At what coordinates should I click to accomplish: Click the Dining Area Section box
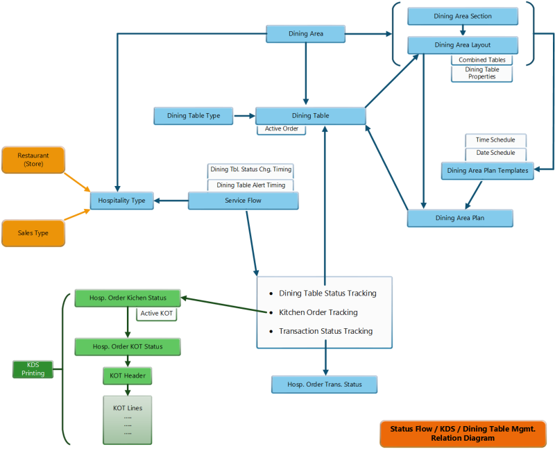[462, 16]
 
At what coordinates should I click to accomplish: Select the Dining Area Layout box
[462, 45]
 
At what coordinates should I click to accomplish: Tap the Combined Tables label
[481, 60]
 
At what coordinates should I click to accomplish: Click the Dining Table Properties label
[481, 73]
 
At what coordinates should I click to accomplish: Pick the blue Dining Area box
[305, 33]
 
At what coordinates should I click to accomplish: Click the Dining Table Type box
[194, 115]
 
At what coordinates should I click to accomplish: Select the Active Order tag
[281, 128]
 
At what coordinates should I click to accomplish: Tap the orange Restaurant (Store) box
[33, 160]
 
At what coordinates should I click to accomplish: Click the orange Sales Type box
[33, 232]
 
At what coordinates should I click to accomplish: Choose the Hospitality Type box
[121, 201]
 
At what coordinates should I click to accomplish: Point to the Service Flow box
[244, 201]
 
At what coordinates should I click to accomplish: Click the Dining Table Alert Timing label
[250, 185]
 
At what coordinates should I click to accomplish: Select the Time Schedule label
[495, 140]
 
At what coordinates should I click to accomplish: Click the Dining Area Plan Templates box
[487, 171]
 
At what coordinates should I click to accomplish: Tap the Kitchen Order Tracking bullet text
[318, 312]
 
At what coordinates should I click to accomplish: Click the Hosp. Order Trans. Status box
[324, 384]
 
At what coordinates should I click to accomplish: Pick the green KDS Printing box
[33, 368]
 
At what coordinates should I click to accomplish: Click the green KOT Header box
[128, 376]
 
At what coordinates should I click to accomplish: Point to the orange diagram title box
[463, 434]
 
